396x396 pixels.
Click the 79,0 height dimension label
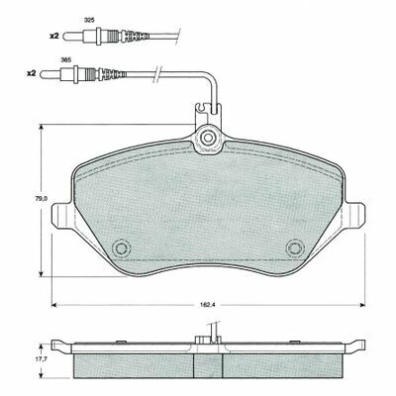coord(42,199)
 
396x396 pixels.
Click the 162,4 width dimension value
coord(208,305)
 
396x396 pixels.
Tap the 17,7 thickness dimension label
coord(41,360)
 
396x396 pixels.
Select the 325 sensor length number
coord(89,20)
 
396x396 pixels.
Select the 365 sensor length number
coord(66,59)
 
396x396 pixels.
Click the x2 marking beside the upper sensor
coord(54,36)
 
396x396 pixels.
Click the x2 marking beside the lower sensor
coord(31,74)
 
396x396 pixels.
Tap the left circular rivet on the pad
coord(121,248)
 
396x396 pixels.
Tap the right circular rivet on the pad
coord(295,248)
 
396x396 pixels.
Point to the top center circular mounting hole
coord(208,138)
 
